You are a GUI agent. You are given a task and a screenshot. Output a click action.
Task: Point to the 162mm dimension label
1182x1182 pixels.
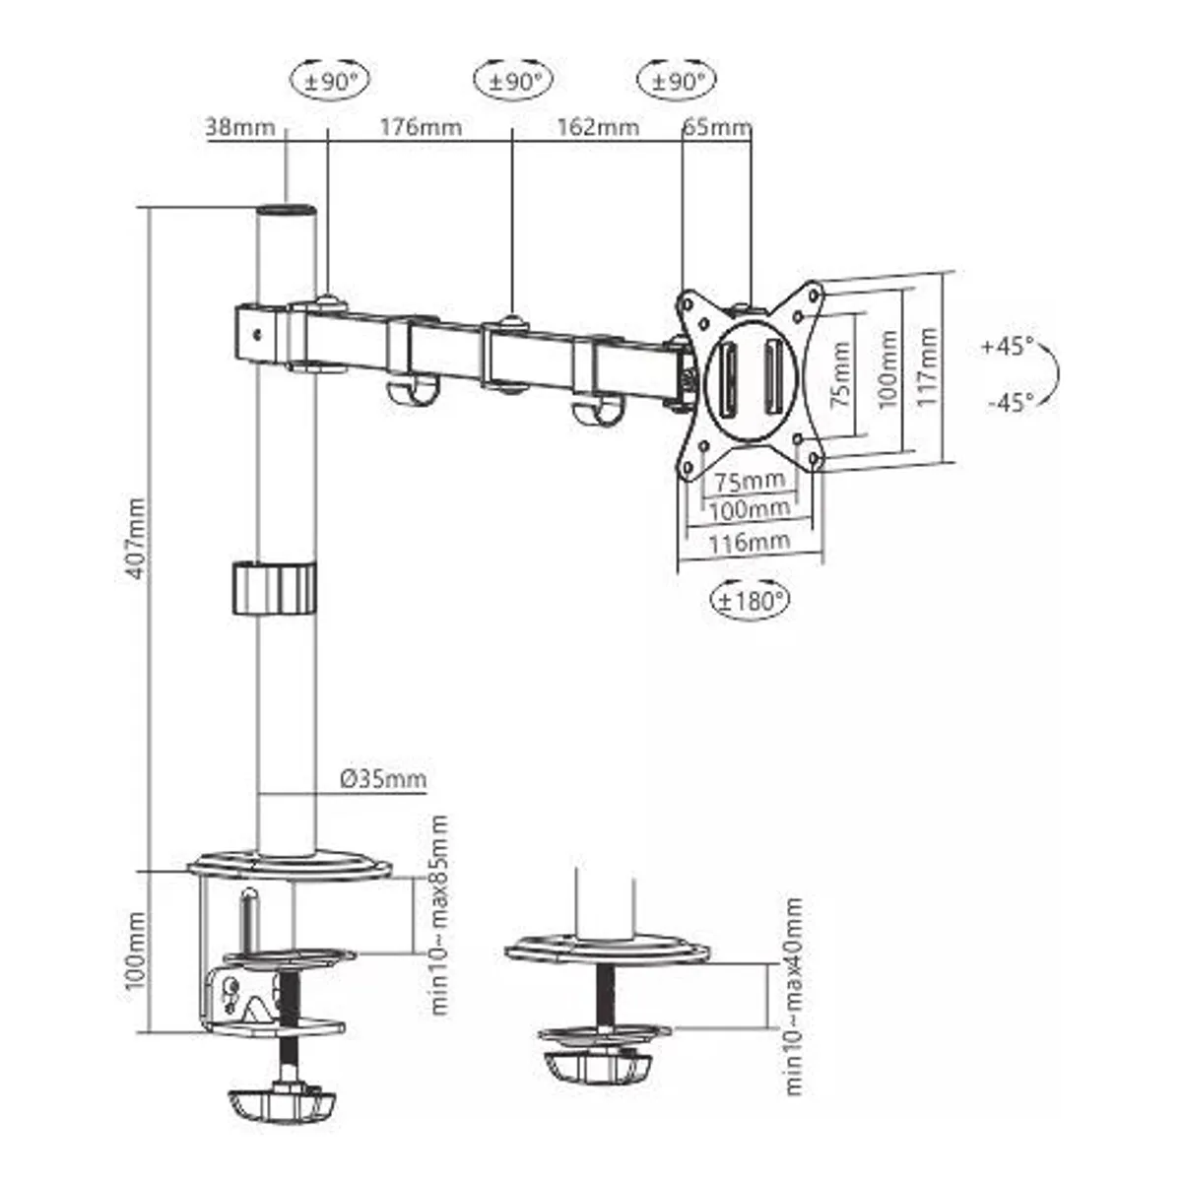point(597,127)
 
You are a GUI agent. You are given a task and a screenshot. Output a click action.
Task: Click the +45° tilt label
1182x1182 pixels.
point(1007,347)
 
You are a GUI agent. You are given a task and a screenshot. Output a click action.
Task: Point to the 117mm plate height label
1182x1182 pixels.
point(927,368)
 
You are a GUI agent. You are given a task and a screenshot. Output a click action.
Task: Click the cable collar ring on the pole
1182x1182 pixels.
point(275,588)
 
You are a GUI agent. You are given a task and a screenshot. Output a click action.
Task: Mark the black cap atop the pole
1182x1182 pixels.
point(287,212)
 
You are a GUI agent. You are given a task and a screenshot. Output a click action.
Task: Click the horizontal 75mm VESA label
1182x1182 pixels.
point(750,481)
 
